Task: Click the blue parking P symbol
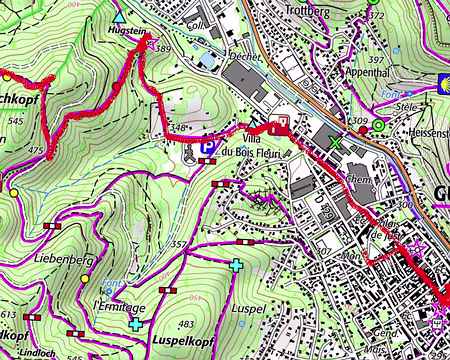point(207,147)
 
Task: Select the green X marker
point(333,141)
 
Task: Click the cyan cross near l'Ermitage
point(135,323)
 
